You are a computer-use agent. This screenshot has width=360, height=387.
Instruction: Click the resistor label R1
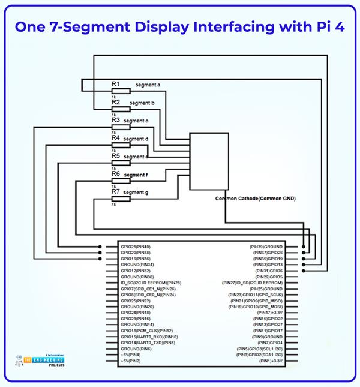pyautogui.click(x=116, y=84)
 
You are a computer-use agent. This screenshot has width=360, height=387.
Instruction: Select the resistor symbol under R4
pyautogui.click(x=120, y=145)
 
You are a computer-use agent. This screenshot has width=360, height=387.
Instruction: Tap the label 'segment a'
pyautogui.click(x=148, y=85)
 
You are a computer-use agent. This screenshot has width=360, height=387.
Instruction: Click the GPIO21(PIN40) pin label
pyautogui.click(x=136, y=247)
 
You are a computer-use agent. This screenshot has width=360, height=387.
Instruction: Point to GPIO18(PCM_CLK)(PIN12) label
pyautogui.click(x=146, y=331)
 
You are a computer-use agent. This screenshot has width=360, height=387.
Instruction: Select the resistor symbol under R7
pyautogui.click(x=120, y=199)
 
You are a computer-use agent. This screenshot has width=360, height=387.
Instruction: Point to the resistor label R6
pyautogui.click(x=116, y=174)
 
